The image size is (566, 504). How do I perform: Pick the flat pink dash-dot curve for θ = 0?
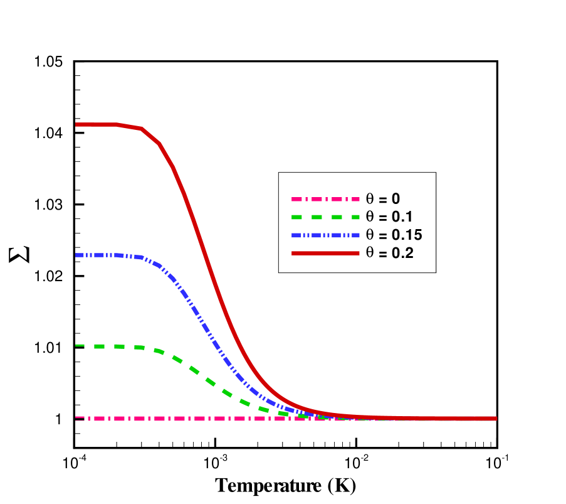188,418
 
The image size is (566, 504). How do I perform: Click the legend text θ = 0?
382,199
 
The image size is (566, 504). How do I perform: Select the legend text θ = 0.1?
389,217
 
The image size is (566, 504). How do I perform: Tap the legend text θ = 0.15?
394,235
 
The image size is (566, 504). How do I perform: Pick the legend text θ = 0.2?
389,253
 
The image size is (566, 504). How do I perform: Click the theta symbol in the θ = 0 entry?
370,199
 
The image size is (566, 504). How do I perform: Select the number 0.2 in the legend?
402,253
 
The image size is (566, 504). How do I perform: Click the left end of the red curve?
76,124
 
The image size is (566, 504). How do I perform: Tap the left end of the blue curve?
76,255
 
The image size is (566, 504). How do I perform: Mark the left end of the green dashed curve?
77,345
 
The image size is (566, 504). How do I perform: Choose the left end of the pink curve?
77,418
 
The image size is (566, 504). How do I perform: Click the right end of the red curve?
496,418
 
